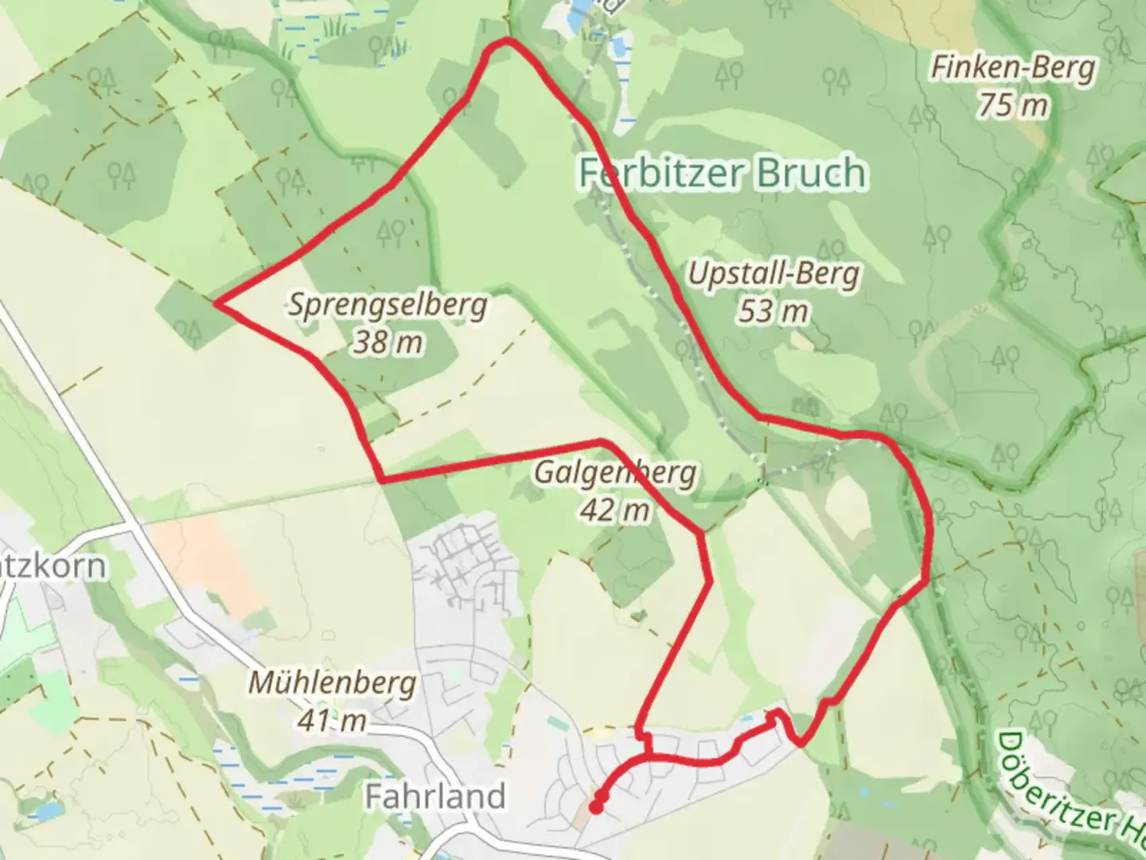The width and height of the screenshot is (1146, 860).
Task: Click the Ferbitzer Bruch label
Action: [x=722, y=173]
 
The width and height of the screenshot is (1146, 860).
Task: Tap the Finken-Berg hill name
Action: [x=1012, y=68]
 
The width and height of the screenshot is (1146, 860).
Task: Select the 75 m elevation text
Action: [x=1012, y=104]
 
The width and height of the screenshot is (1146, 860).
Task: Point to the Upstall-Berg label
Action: [x=774, y=275]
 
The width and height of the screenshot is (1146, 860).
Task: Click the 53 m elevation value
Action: [x=773, y=311]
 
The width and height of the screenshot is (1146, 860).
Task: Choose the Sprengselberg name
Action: [x=388, y=305]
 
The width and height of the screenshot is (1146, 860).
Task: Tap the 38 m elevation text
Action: [x=388, y=342]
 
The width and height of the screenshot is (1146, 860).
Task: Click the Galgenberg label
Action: [x=614, y=473]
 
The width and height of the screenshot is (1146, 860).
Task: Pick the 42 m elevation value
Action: [x=614, y=509]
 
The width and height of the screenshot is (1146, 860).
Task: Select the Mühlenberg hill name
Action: [x=332, y=683]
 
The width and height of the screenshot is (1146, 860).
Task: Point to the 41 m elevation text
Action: [x=332, y=720]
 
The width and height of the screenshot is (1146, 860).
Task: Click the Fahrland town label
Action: [x=435, y=795]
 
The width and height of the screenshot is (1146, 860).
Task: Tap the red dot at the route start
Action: [x=595, y=807]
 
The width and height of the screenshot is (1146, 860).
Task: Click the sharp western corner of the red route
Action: [x=217, y=303]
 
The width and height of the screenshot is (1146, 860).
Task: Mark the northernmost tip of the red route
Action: [x=506, y=41]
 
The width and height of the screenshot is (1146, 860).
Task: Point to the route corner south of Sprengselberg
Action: [x=383, y=480]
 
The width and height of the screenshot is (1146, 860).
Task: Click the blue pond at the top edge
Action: [x=582, y=6]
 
